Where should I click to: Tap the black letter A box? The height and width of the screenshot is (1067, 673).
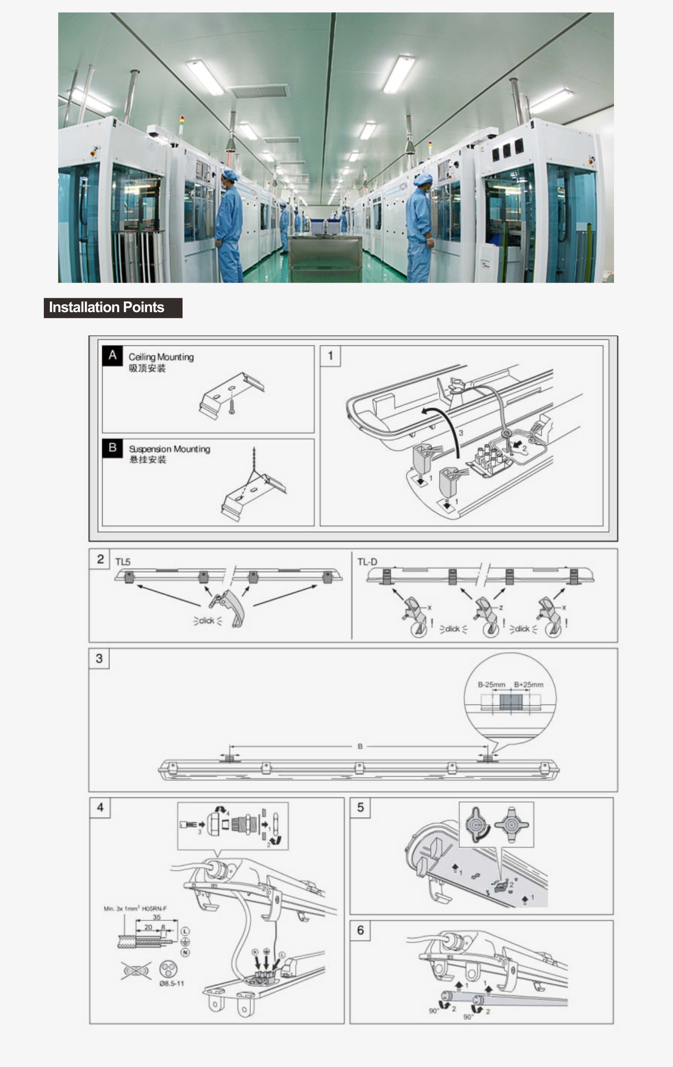[112, 355]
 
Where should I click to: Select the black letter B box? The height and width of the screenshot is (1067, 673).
[112, 448]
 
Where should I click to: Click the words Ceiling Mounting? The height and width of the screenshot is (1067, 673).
[161, 357]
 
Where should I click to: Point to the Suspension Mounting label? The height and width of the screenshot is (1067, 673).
[169, 448]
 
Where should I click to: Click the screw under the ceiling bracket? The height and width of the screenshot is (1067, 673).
[232, 407]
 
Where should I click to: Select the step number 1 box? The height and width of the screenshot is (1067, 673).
[330, 356]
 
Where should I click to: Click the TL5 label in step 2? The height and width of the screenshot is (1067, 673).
[123, 562]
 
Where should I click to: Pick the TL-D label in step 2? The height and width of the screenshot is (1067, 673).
[367, 562]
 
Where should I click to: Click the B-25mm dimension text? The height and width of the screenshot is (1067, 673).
[491, 684]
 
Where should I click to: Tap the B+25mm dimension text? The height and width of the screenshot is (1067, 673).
[528, 684]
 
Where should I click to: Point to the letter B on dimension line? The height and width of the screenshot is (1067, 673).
[360, 746]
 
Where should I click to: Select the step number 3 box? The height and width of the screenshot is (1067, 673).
[99, 658]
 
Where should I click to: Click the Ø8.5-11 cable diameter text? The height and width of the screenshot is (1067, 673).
[171, 983]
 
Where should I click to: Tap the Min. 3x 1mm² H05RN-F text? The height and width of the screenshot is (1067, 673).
[135, 908]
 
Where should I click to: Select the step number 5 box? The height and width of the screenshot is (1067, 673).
[360, 808]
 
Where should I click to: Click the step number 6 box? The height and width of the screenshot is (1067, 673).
[360, 930]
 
